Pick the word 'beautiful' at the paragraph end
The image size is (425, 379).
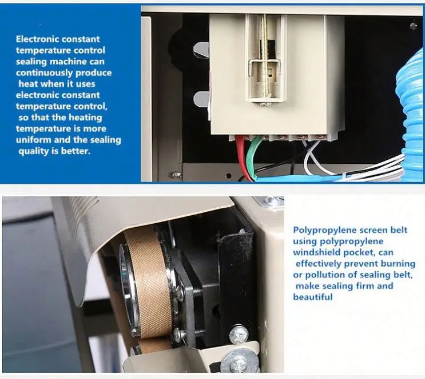coord(312,297)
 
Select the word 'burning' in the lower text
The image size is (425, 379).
coord(398,264)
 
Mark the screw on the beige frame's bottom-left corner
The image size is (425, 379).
coord(176,175)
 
